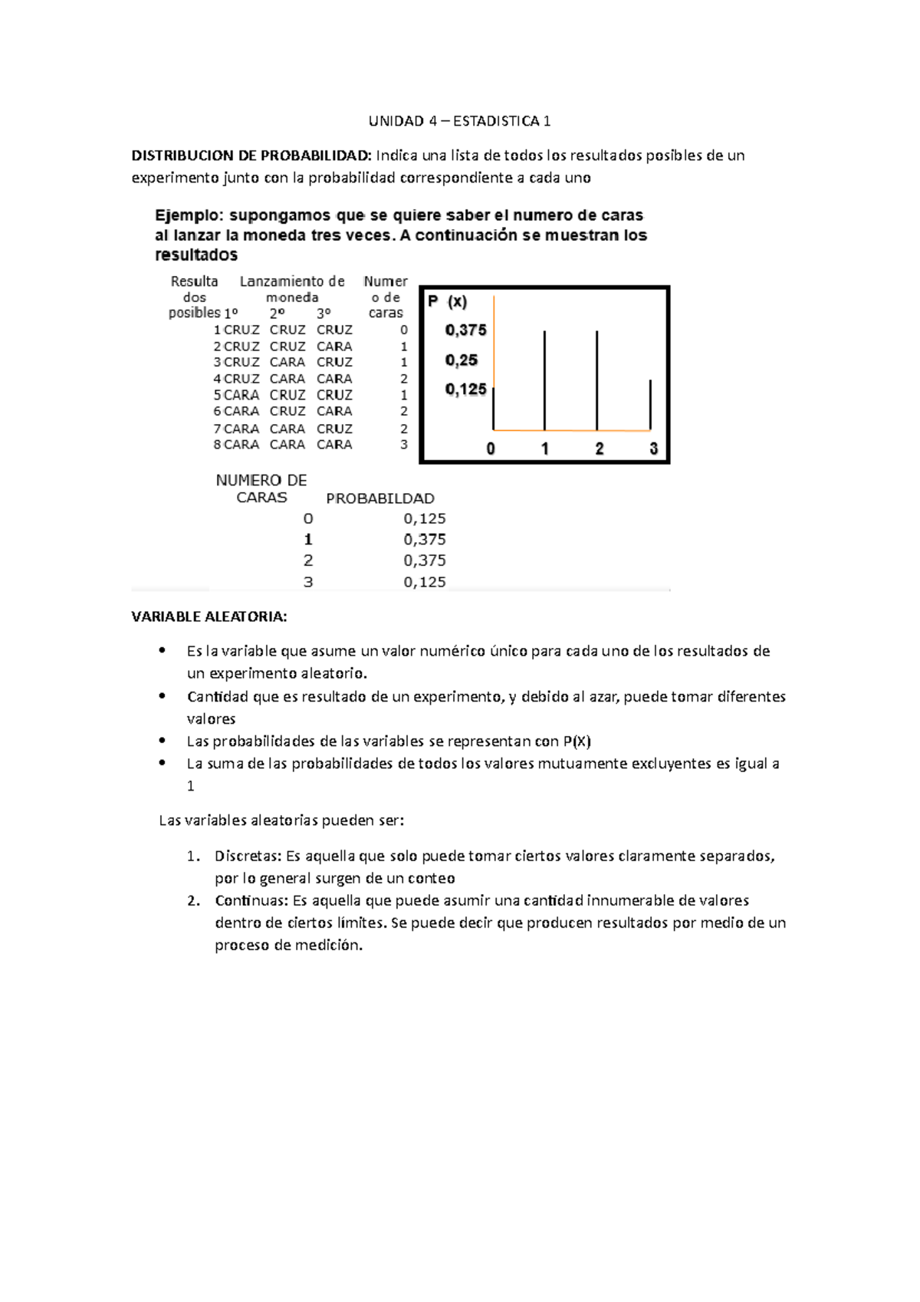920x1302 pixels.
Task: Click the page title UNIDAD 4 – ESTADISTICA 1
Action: pos(459,121)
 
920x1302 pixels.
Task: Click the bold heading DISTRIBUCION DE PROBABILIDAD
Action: pos(251,156)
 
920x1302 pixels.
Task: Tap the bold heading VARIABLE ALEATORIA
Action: pos(209,616)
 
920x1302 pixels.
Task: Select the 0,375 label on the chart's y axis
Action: pos(465,330)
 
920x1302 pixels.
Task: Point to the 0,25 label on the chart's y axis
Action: pos(461,360)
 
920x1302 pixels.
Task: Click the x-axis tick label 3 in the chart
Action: pos(653,449)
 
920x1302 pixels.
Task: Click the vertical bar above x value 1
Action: pos(544,380)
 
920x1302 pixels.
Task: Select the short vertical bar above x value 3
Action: pos(650,404)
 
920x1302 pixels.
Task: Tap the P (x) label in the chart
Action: pos(447,302)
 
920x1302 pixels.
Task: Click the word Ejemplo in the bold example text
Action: pos(189,215)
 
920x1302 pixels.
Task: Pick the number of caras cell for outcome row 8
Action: pos(404,445)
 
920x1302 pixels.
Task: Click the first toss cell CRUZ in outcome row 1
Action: pos(242,330)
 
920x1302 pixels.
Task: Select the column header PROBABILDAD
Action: pos(380,498)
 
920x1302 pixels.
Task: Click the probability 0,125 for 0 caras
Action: pos(425,519)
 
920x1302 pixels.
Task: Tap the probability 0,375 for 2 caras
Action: pos(425,561)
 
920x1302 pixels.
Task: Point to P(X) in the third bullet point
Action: pos(577,741)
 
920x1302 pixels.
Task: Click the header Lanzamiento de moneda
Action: pos(292,289)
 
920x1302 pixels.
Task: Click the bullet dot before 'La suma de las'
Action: pos(162,762)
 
